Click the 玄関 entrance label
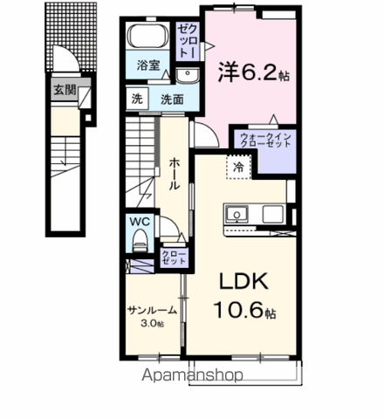[63, 89]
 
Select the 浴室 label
[147, 65]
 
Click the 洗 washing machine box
[136, 99]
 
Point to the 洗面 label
[171, 99]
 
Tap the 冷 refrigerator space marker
[237, 165]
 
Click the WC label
[141, 222]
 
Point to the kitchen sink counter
[254, 215]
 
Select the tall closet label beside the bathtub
[188, 41]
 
